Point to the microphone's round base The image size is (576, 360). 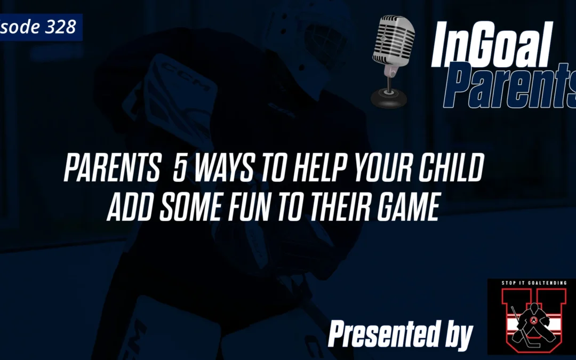(x=388, y=98)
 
